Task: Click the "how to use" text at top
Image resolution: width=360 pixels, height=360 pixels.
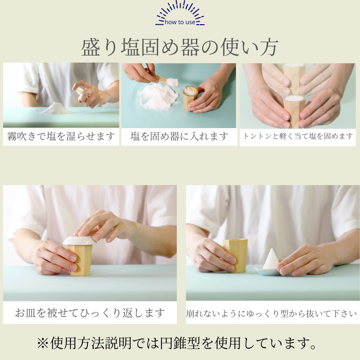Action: point(180,22)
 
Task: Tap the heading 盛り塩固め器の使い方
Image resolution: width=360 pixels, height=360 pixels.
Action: point(180,47)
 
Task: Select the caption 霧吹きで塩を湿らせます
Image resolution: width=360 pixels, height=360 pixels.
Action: point(61,136)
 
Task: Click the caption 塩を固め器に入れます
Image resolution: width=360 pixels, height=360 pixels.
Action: point(179,136)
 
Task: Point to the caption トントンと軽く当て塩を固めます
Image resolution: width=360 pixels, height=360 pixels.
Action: point(298,136)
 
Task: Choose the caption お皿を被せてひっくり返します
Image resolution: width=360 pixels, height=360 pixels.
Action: point(89,312)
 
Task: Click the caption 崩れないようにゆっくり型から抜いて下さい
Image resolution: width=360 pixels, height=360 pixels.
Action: point(271,313)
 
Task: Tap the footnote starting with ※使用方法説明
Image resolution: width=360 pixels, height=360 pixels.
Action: point(180,343)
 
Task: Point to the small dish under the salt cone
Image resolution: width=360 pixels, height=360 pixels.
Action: point(268,271)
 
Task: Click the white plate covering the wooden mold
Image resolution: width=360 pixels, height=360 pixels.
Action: point(79,240)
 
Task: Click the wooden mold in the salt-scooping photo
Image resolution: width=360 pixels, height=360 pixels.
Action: point(190,97)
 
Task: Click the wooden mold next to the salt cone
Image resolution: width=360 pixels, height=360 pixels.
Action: point(236,255)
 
